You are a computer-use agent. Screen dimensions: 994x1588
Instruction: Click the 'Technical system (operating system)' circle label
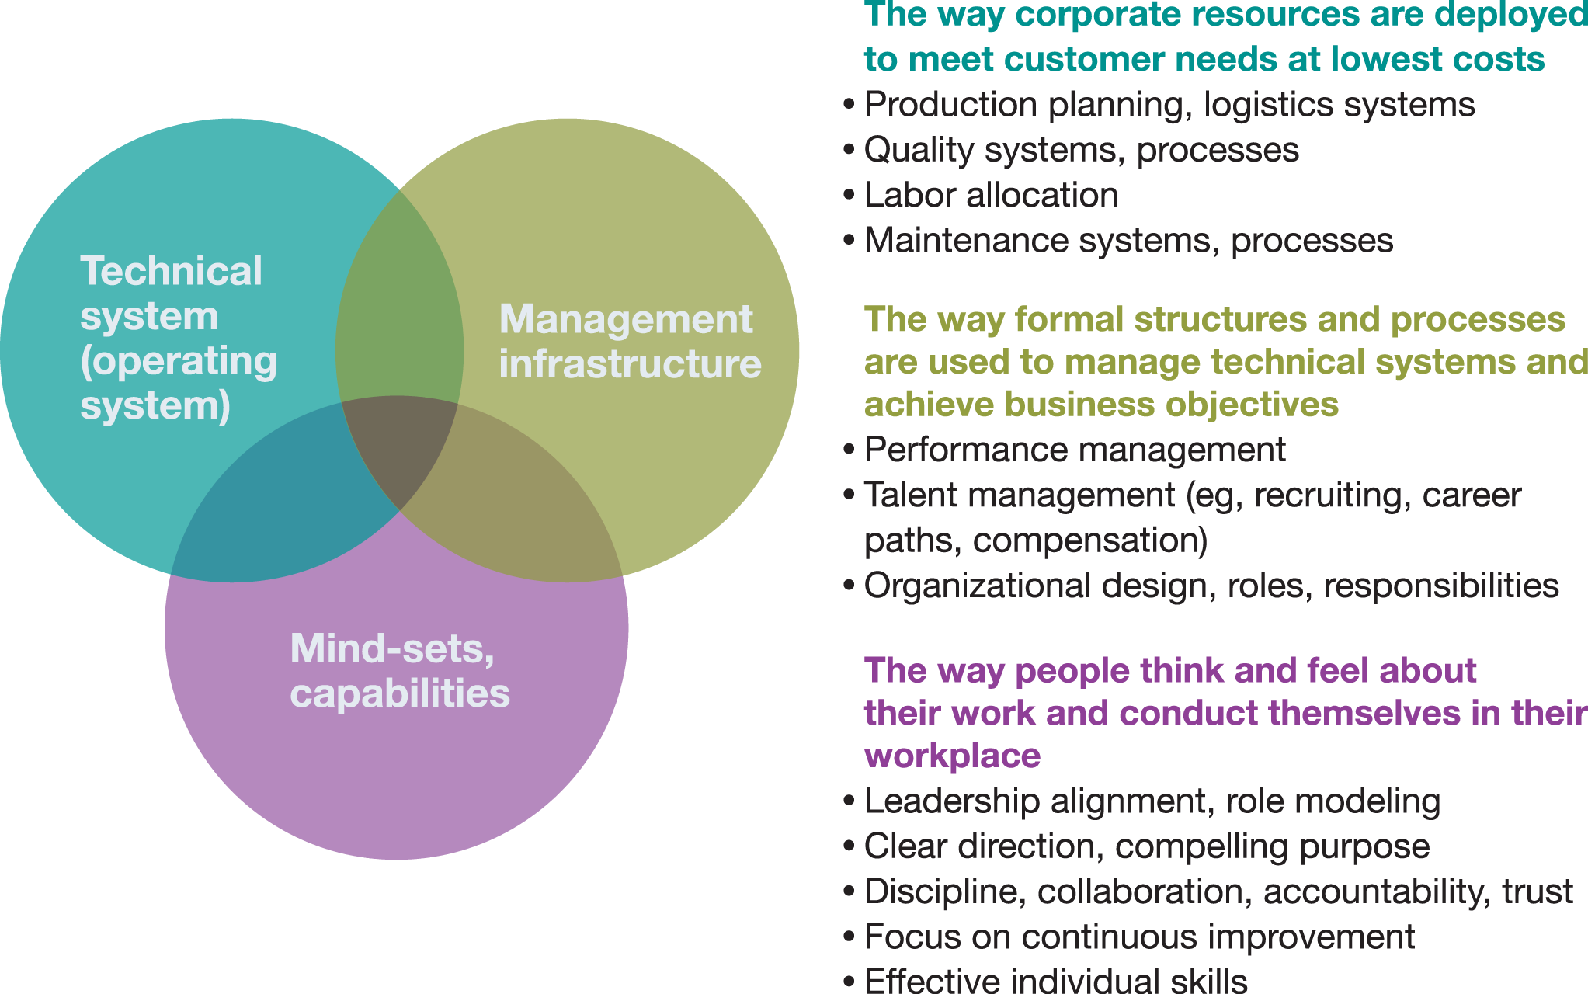(177, 339)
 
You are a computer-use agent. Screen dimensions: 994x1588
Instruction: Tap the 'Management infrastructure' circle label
(629, 342)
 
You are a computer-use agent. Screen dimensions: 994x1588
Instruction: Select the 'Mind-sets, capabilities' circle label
(399, 671)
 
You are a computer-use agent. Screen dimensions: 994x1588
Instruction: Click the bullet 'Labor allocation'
(991, 195)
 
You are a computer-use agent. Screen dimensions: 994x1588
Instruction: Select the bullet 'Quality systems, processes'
(1081, 150)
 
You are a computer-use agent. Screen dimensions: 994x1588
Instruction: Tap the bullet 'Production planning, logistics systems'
(1169, 105)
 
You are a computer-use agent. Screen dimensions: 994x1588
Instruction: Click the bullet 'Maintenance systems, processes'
(1128, 241)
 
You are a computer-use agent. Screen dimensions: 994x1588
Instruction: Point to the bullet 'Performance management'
(1074, 450)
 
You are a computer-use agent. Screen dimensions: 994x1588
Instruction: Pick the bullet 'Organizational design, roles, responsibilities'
(1211, 586)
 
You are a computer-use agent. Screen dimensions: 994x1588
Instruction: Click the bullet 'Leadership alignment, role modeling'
(1152, 801)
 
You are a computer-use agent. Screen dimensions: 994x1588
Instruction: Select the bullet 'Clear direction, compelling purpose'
(1146, 846)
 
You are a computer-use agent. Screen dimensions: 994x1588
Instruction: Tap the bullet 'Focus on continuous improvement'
(1138, 937)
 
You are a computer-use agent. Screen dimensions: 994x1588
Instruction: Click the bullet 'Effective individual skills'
(1055, 980)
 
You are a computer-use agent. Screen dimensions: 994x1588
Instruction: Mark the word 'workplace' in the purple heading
(952, 756)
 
